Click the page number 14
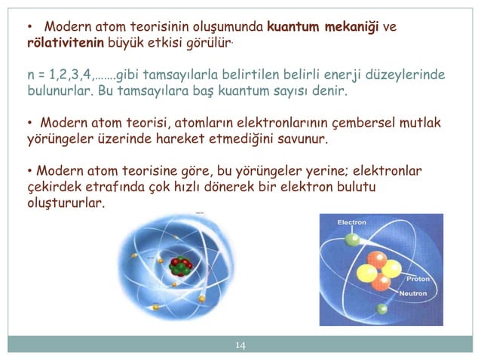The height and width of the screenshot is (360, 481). pyautogui.click(x=240, y=345)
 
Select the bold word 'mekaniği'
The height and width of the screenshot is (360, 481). pyautogui.click(x=352, y=28)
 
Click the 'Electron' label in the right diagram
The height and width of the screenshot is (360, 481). pyautogui.click(x=351, y=223)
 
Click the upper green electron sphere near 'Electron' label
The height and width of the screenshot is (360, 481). pyautogui.click(x=352, y=240)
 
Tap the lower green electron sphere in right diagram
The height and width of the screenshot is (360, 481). pyautogui.click(x=383, y=309)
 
